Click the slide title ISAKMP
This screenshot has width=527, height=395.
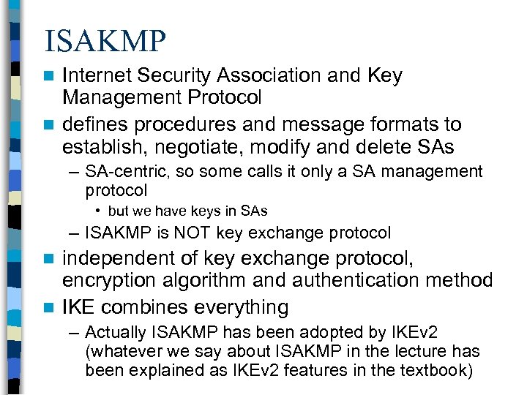point(105,42)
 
